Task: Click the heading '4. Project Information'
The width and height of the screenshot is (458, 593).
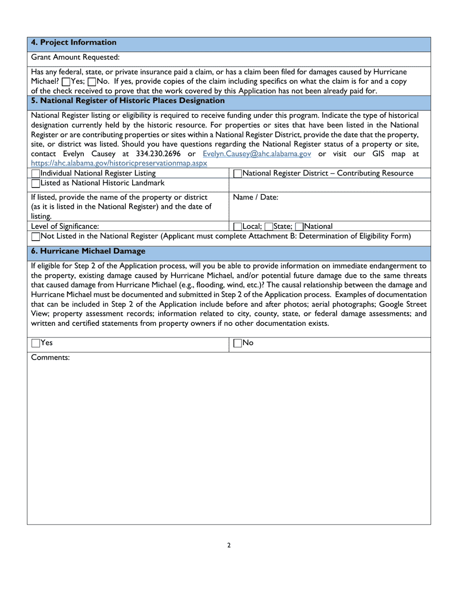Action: click(x=74, y=42)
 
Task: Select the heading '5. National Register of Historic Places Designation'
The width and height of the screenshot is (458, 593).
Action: click(x=128, y=101)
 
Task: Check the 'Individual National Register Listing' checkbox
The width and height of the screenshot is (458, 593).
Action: click(x=36, y=174)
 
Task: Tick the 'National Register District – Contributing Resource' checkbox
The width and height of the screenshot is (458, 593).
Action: click(x=237, y=174)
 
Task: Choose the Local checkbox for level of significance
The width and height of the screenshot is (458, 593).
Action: click(x=237, y=226)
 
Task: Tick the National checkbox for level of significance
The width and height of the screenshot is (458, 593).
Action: click(x=299, y=226)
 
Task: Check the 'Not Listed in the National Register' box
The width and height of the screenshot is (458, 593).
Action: click(x=36, y=236)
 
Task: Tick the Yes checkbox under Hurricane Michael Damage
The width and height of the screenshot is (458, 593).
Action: click(x=36, y=343)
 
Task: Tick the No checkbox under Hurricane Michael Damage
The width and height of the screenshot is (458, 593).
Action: click(x=237, y=343)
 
